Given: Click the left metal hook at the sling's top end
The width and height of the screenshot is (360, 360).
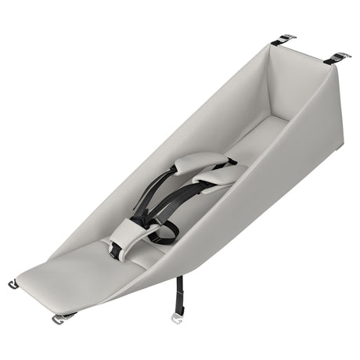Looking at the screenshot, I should (288, 37).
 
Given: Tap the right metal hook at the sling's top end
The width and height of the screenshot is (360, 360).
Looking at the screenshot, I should (339, 56).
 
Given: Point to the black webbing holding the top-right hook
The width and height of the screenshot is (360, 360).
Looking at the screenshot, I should (329, 60).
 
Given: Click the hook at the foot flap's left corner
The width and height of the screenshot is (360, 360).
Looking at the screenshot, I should (13, 284).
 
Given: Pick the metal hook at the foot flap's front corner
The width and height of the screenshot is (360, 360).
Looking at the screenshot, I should (61, 318).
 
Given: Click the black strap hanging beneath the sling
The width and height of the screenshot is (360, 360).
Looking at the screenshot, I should (179, 293).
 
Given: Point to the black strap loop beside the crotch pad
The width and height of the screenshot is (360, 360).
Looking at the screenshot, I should (164, 231).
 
